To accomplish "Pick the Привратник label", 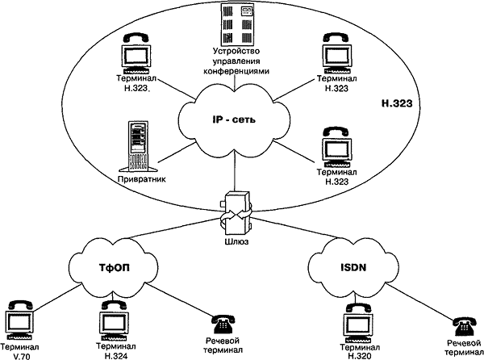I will [142, 179].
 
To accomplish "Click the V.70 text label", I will [18, 355].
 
